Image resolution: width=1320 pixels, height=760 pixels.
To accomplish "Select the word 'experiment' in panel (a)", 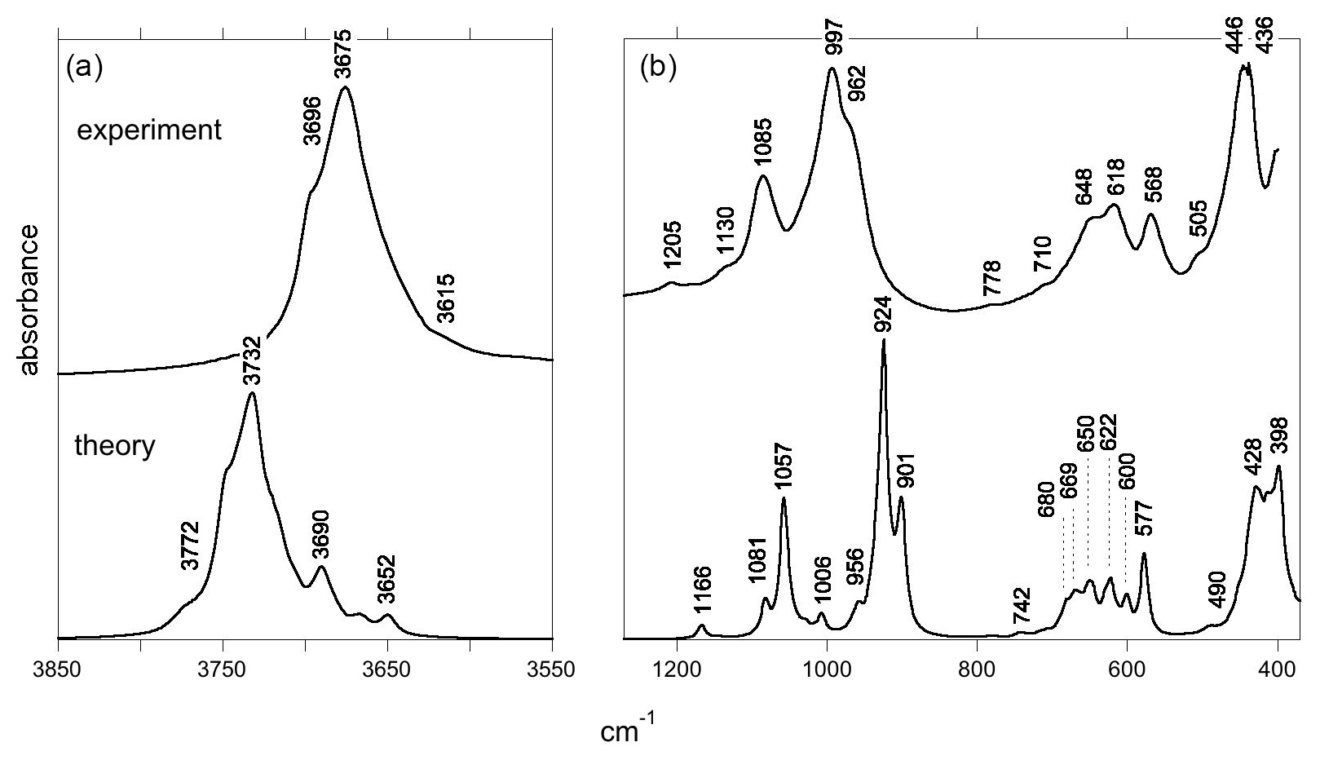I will pyautogui.click(x=149, y=130).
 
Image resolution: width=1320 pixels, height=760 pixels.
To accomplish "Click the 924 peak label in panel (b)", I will pyautogui.click(x=883, y=316).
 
